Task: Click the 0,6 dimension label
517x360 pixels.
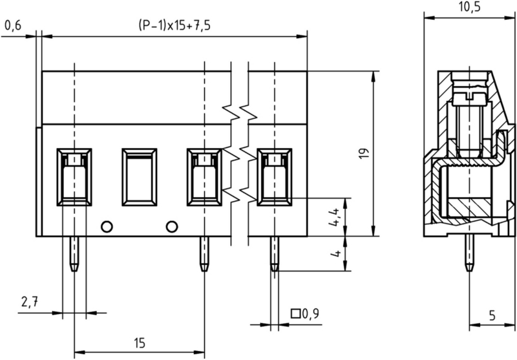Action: [x=13, y=26]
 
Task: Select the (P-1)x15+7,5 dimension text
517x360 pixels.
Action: [x=174, y=26]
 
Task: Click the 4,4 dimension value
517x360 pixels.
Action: [x=335, y=217]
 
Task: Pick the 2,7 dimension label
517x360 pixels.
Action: [x=30, y=302]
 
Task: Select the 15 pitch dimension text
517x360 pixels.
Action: [x=139, y=343]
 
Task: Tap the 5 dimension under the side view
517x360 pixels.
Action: [x=492, y=315]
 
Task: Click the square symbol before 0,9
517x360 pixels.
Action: [x=297, y=315]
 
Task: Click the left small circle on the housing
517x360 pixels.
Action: [x=107, y=226]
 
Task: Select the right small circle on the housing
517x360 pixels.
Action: [x=171, y=226]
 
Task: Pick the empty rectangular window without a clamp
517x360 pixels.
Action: [x=139, y=176]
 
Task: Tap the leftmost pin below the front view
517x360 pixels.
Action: [x=74, y=253]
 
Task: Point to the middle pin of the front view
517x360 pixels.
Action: [x=204, y=253]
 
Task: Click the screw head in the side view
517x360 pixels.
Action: [x=470, y=97]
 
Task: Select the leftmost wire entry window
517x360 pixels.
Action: [x=74, y=176]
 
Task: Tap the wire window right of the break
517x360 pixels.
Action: [x=274, y=176]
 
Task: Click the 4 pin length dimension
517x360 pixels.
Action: [x=335, y=253]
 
